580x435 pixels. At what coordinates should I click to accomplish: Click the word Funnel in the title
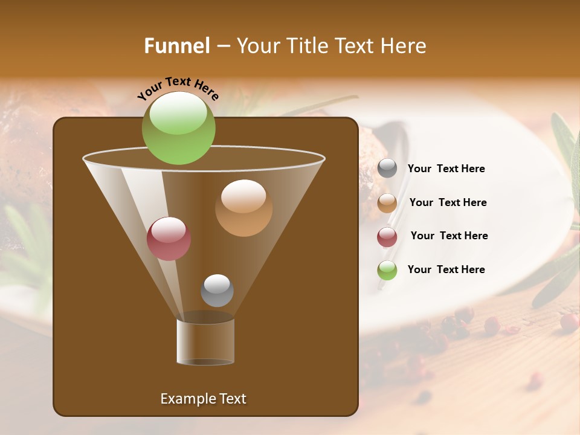coord(176,46)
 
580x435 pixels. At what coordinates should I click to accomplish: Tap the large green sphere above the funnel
coord(178,128)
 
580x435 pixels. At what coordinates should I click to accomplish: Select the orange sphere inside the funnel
coord(243,208)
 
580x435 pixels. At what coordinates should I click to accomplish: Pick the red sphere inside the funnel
coord(169,239)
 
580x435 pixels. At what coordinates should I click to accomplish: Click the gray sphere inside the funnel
coord(217,290)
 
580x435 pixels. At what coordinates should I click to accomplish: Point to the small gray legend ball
coord(387,169)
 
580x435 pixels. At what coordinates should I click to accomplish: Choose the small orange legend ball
coord(387,203)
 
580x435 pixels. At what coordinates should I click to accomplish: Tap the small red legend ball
coord(387,237)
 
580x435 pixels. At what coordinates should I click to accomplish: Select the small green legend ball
coord(387,270)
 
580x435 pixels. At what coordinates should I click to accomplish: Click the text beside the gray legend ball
coord(446,169)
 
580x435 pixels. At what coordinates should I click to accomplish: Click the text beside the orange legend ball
coord(448,203)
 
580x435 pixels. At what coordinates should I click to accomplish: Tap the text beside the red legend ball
coord(449,236)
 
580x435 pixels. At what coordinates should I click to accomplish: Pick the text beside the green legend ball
coord(446,269)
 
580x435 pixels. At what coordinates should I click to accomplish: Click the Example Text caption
coord(203,399)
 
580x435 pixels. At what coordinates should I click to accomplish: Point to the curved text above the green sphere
coord(178,88)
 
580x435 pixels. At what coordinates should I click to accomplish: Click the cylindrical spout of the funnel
coord(205,341)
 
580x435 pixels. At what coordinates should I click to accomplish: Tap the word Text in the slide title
coord(356,46)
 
